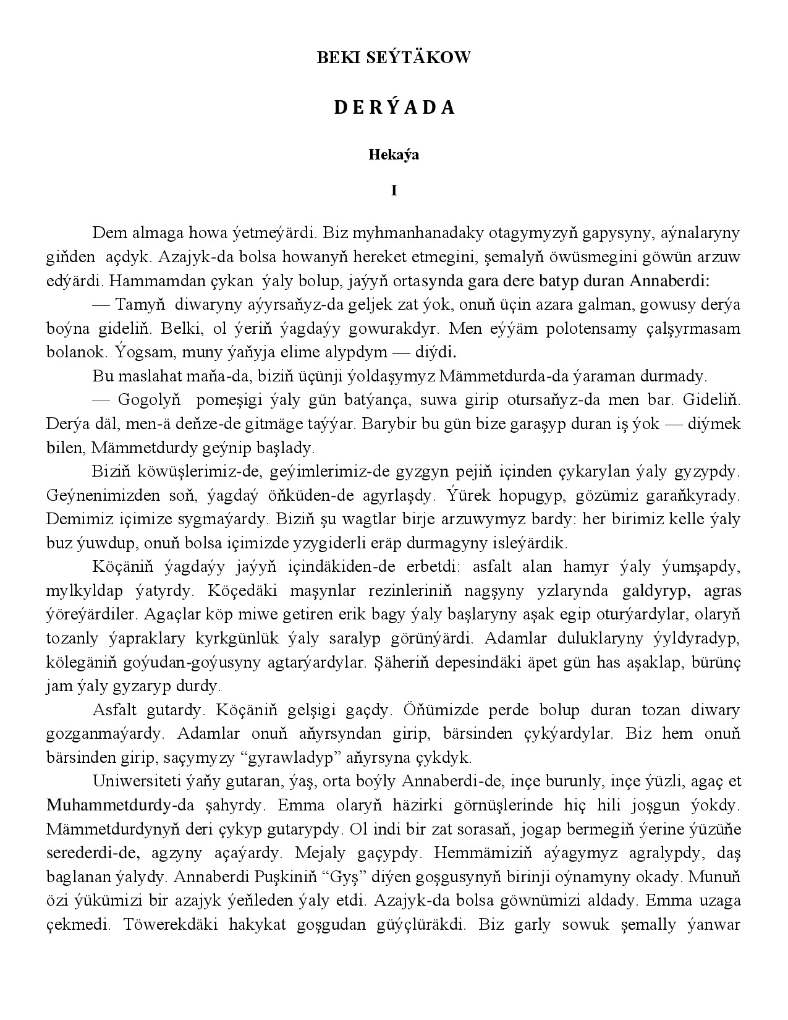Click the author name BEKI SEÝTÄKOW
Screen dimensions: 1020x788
pyautogui.click(x=394, y=57)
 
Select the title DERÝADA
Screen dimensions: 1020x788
pyautogui.click(x=394, y=108)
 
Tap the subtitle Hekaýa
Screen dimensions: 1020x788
pyautogui.click(x=394, y=155)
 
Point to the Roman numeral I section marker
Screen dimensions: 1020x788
pyautogui.click(x=394, y=191)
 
